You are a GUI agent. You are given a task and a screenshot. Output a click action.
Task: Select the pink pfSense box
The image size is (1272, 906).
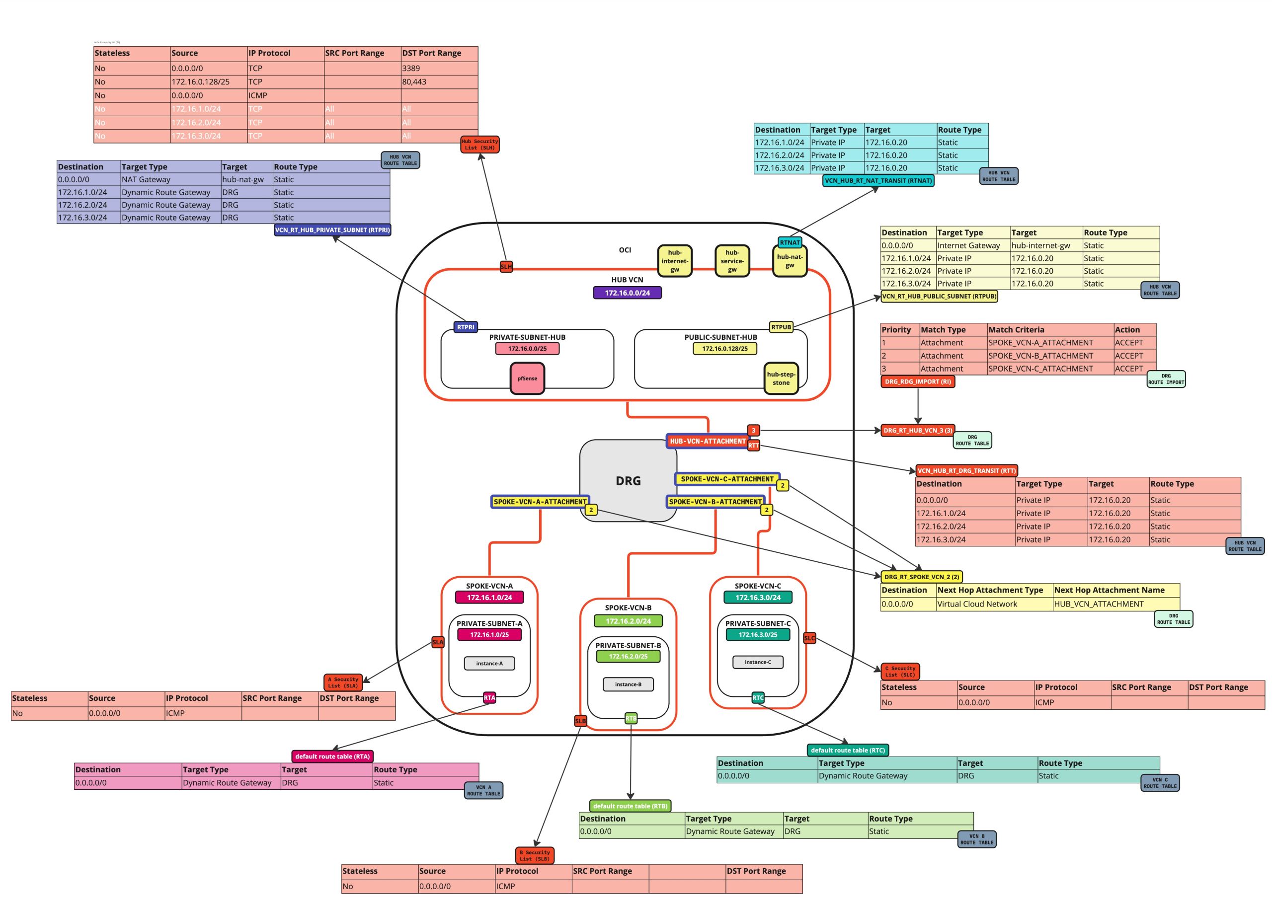pos(527,378)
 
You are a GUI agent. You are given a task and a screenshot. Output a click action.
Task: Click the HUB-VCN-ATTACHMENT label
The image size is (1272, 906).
pos(708,441)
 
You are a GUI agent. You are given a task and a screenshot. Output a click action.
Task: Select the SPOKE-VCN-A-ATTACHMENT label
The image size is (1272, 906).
pos(540,502)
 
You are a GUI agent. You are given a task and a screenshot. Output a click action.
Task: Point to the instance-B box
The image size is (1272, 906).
pos(628,684)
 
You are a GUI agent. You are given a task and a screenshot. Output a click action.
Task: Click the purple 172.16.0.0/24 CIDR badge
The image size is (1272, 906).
pos(627,293)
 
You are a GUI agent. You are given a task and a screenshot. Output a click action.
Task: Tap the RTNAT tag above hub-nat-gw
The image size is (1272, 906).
pos(790,242)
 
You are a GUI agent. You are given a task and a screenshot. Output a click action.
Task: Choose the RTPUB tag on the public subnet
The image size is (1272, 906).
pos(781,327)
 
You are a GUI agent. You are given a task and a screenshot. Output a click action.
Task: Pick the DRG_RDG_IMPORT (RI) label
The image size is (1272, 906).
pos(918,381)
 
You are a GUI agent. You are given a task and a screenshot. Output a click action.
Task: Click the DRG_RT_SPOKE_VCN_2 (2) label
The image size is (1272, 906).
pos(922,577)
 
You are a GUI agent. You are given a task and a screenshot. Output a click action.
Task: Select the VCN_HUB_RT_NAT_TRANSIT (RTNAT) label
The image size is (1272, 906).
pos(878,181)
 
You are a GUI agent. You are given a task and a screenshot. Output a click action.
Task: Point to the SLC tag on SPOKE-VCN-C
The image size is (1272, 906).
pos(809,638)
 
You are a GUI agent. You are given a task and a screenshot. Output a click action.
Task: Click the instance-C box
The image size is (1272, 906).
pos(758,662)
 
